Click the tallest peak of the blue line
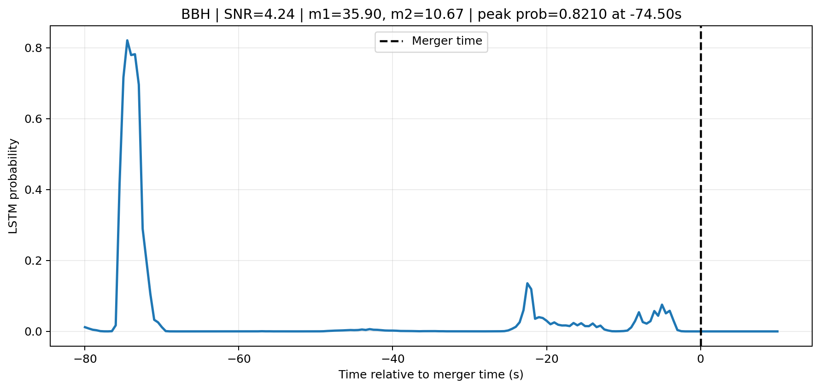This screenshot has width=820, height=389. coord(127,41)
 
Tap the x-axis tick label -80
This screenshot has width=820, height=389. coord(84,359)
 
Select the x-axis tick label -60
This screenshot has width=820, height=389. coord(238,359)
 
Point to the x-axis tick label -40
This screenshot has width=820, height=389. coord(392,359)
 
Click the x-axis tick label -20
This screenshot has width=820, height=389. coord(546,359)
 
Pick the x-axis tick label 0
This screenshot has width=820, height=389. coord(701,359)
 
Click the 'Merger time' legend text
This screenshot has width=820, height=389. coord(447,41)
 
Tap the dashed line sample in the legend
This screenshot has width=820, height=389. coord(391,41)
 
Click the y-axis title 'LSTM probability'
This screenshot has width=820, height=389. coord(13,186)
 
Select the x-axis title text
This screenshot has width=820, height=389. coord(431,375)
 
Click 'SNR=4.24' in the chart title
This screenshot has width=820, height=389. coord(259,15)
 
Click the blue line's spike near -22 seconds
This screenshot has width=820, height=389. coord(527,284)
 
